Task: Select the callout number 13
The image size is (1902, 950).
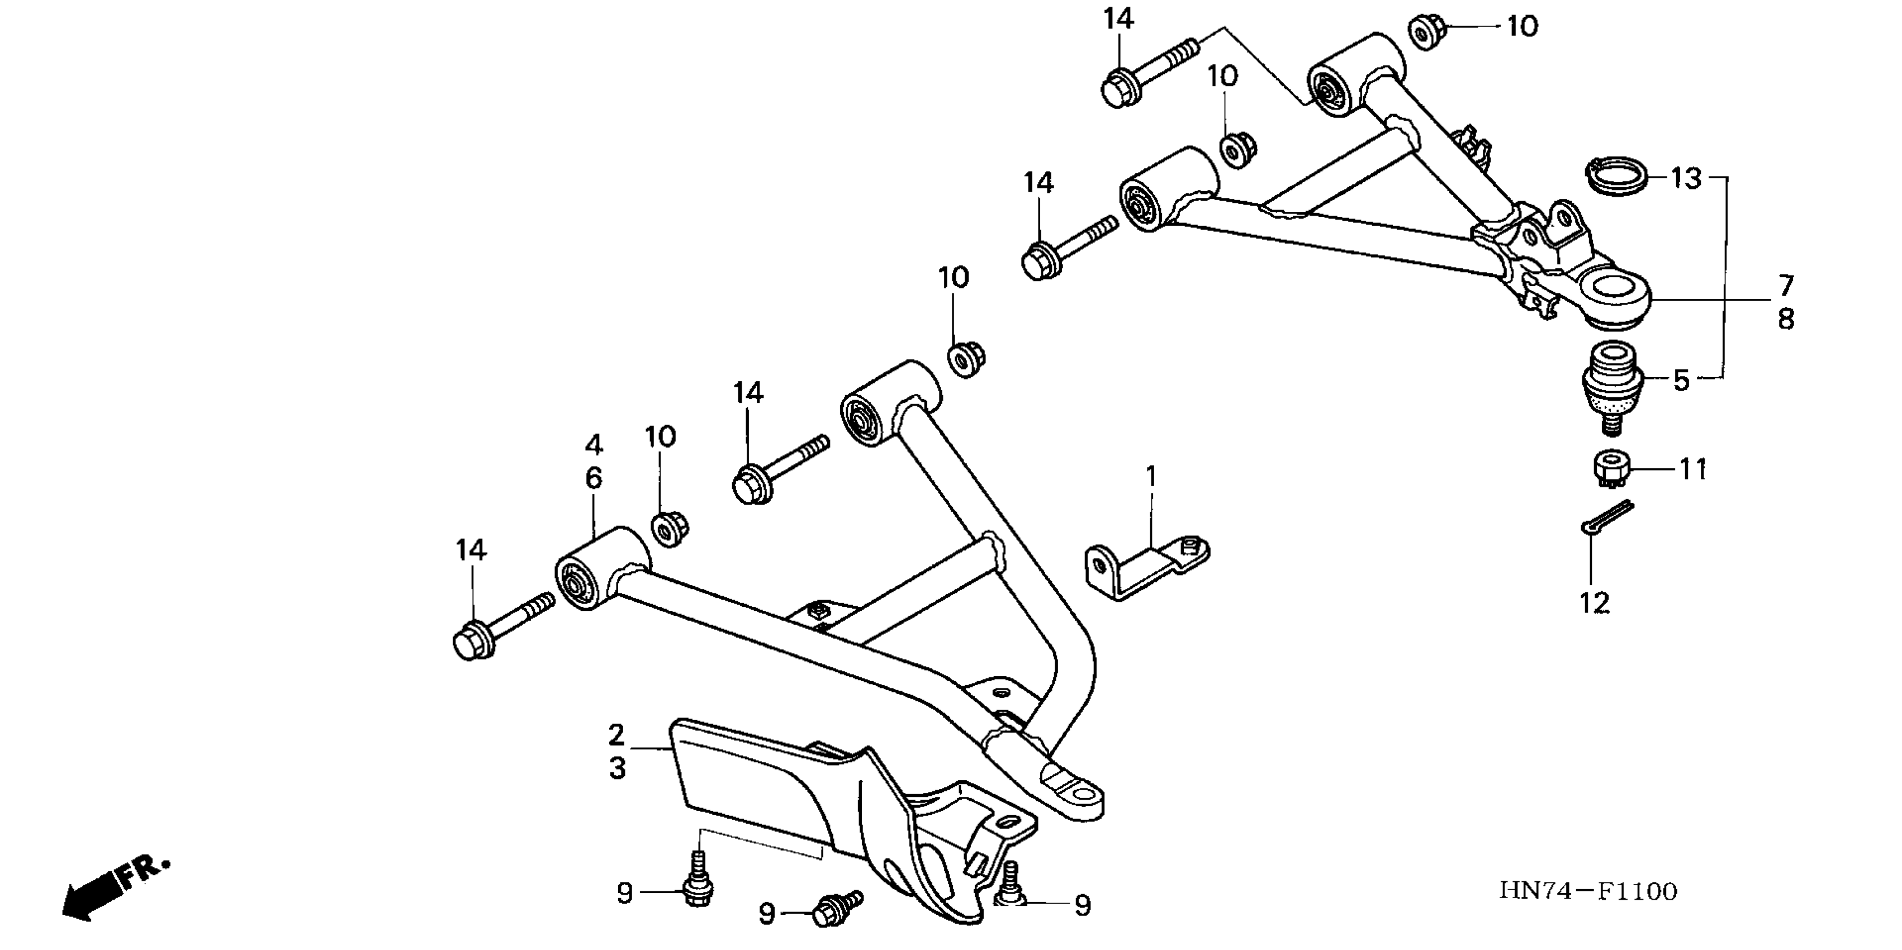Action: pos(1686,179)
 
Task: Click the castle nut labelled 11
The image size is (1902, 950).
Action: pos(1610,469)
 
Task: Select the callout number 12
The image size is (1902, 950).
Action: pos(1594,603)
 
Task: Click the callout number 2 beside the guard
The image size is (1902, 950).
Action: pos(616,735)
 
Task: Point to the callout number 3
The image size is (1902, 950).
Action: pos(618,768)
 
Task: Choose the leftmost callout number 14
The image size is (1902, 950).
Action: pos(471,550)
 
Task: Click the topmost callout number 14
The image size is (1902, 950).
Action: pos(1118,19)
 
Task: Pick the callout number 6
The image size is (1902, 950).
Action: pos(594,478)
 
